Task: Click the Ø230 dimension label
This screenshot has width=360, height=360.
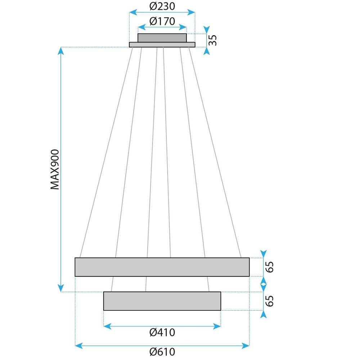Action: point(162,6)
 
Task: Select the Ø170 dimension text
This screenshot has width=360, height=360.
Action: point(162,21)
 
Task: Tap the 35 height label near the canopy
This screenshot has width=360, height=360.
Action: point(213,40)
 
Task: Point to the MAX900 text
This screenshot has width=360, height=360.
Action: point(54,169)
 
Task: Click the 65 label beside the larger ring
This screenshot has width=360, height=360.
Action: point(270,267)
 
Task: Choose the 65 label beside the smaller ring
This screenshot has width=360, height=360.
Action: point(270,301)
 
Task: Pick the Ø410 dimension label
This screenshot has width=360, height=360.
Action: point(162,333)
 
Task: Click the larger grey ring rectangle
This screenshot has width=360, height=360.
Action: point(162,267)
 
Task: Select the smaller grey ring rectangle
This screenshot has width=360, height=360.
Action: point(162,301)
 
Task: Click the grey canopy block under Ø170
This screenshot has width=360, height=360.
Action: point(162,38)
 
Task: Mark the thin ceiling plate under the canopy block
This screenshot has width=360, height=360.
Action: point(162,45)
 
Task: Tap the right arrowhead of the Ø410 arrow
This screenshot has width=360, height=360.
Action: point(217,327)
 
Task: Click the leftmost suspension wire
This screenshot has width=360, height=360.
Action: point(106,151)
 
